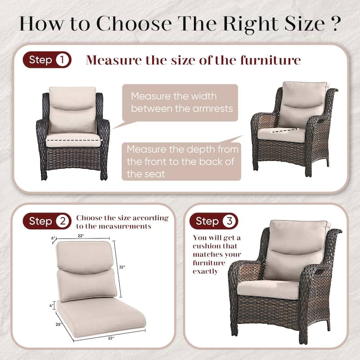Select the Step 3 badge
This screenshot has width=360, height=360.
click(214, 221)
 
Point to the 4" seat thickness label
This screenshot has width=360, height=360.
click(52, 305)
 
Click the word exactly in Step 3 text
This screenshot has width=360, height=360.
click(206, 271)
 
